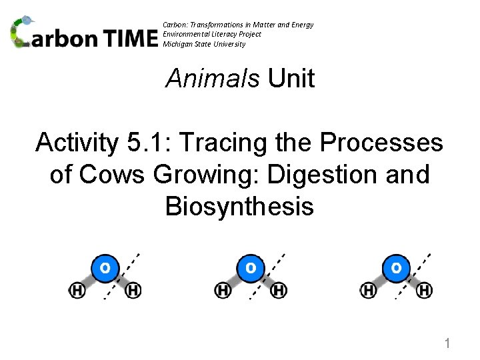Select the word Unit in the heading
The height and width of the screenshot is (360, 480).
coord(291,79)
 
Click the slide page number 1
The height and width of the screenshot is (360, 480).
coord(448,344)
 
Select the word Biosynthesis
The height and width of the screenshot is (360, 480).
coord(239,207)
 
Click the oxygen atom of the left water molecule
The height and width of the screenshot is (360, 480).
coord(105,268)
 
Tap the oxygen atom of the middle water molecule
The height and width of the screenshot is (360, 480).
coord(250,268)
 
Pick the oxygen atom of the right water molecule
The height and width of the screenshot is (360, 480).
coord(396,268)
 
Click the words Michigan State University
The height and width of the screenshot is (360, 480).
coord(204,44)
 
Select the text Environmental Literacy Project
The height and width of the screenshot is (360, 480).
coord(212,34)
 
